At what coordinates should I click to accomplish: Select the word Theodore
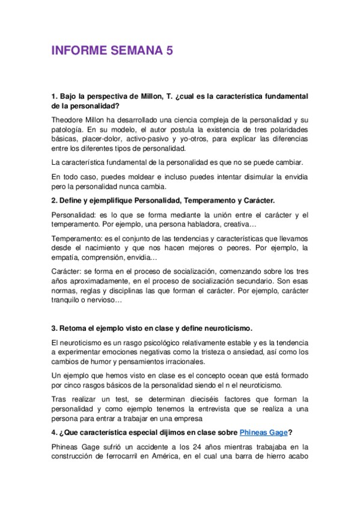[69, 120]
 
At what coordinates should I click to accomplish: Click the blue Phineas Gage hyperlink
[264, 431]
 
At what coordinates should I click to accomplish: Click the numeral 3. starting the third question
[54, 328]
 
